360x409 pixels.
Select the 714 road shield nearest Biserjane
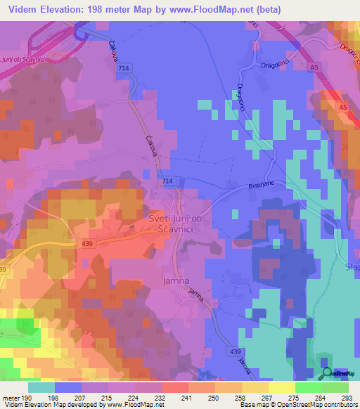[166, 181]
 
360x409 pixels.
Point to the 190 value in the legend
[27, 397]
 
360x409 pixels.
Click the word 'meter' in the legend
[11, 397]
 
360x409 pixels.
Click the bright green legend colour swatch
[309, 387]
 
